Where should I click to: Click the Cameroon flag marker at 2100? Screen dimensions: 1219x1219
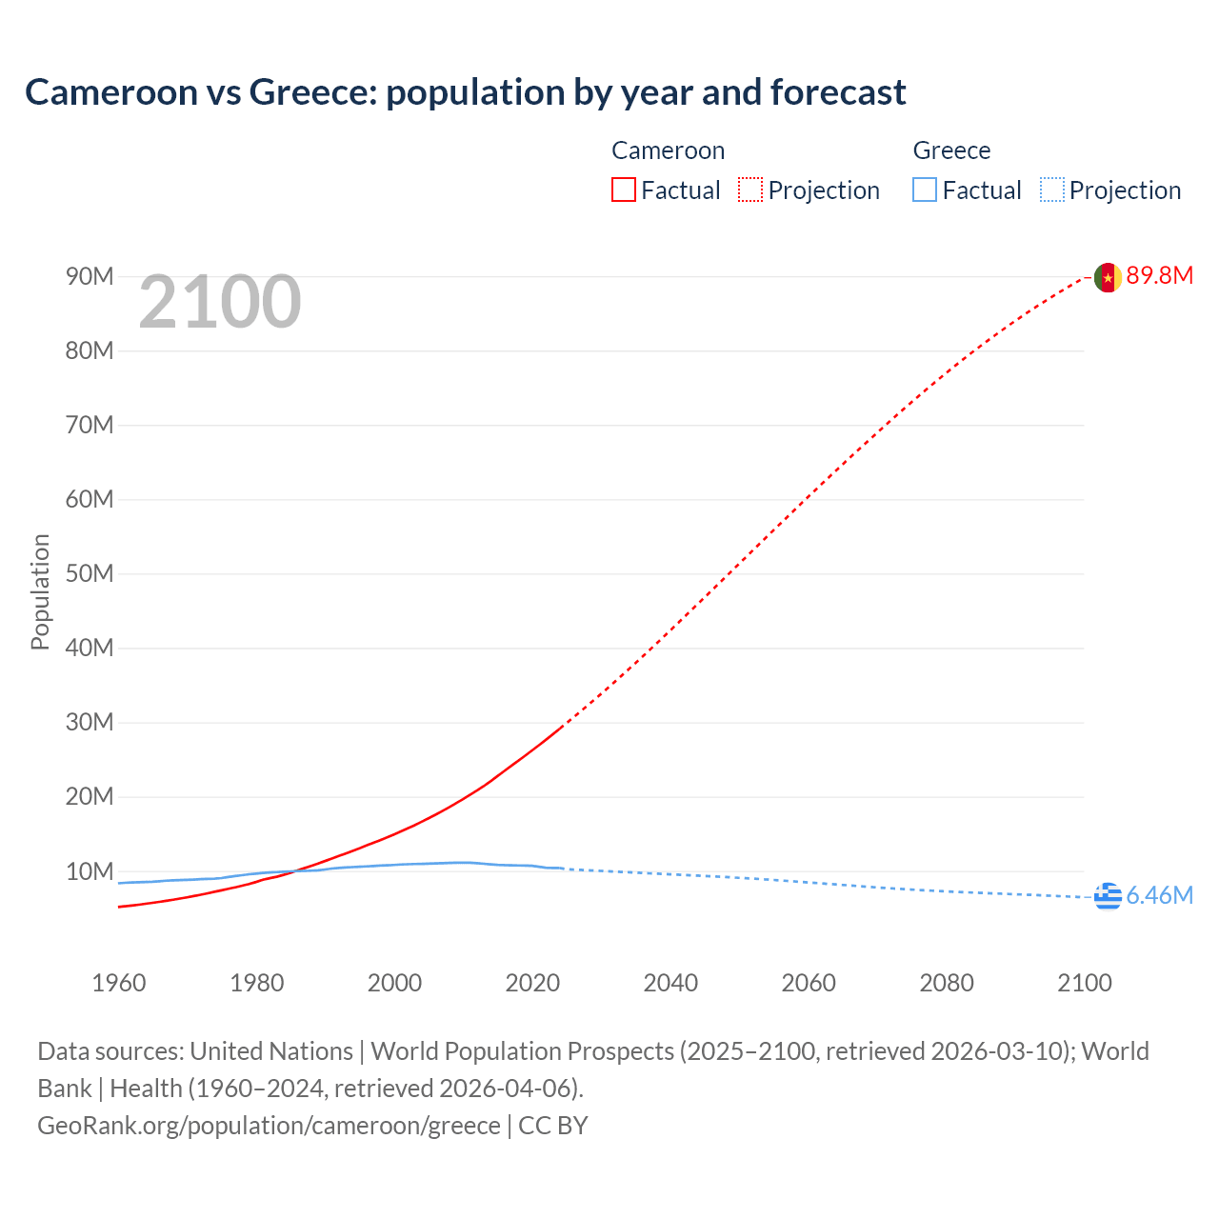[1107, 277]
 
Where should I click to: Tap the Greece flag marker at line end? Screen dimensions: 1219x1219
[1107, 896]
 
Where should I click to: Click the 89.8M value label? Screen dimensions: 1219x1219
[1159, 276]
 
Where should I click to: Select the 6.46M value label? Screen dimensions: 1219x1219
[1159, 896]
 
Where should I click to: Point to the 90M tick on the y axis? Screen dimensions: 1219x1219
[90, 277]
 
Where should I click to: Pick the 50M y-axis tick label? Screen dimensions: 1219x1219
[90, 574]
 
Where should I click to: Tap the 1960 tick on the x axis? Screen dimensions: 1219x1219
[119, 983]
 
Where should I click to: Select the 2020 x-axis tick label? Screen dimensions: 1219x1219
[532, 983]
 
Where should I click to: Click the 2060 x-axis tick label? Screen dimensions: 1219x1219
[809, 983]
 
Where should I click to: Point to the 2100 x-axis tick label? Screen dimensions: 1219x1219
[1084, 983]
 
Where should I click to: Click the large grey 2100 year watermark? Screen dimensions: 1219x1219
[220, 303]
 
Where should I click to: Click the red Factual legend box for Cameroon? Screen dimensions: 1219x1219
[624, 190]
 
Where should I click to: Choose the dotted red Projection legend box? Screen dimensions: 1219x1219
[750, 190]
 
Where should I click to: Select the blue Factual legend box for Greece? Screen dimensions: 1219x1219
[925, 190]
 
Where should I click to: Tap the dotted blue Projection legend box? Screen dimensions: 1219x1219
[1052, 190]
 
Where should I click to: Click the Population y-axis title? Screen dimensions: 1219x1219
[40, 591]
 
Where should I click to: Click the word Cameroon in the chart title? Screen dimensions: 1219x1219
[110, 92]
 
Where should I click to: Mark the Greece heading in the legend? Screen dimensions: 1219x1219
[951, 150]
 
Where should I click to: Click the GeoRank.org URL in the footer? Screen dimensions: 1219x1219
[269, 1126]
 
